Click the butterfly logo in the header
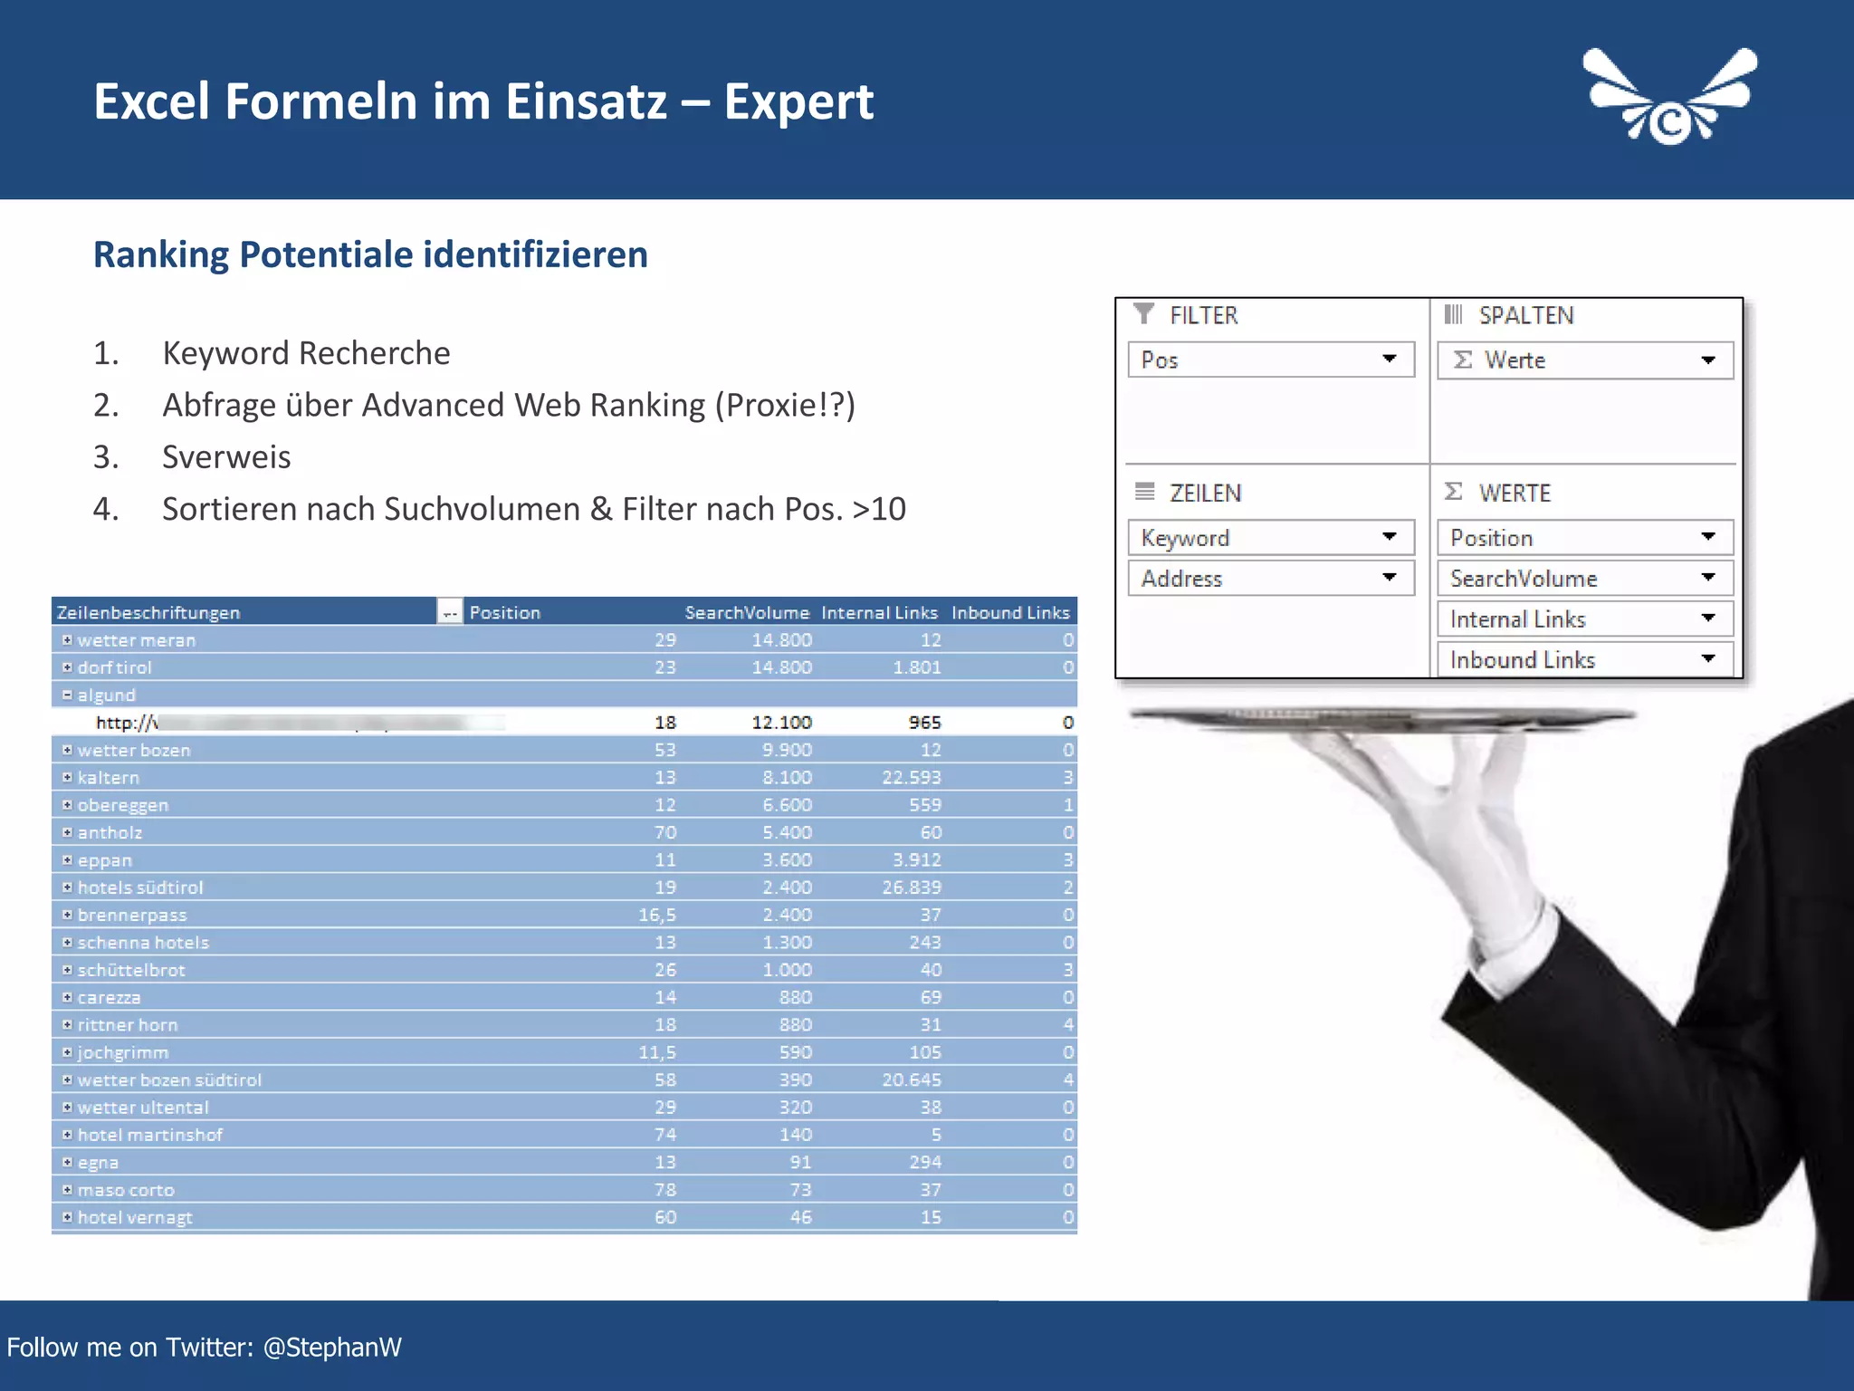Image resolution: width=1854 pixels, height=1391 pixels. pos(1669,98)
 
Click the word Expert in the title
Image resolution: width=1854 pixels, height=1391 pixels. pos(798,101)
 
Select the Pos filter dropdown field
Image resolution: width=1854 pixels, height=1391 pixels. pos(1270,360)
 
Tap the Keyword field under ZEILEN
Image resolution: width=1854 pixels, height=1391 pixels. pos(1270,538)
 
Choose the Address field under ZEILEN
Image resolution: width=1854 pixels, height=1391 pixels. pos(1270,579)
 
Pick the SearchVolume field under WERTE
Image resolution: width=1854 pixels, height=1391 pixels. pos(1584,579)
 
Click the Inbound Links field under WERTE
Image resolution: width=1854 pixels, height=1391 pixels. pos(1584,660)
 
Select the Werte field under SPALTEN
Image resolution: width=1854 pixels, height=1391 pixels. pos(1584,360)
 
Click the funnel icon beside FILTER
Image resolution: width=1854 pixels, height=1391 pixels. pos(1144,314)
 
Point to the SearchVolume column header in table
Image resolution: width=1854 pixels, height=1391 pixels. pos(746,612)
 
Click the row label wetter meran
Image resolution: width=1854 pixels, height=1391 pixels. pos(137,640)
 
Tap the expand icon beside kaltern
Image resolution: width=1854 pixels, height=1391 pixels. pos(67,777)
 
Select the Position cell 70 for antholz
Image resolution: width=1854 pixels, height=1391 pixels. pos(664,832)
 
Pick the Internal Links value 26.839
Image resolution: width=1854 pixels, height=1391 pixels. pos(911,887)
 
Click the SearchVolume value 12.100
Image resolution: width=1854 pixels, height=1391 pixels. pos(781,723)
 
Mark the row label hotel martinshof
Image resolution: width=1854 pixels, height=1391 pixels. pos(150,1135)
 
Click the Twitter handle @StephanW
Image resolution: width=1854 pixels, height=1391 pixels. pos(332,1348)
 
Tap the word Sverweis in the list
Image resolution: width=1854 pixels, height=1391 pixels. pos(226,457)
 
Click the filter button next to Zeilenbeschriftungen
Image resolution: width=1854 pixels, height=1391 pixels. pos(450,612)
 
